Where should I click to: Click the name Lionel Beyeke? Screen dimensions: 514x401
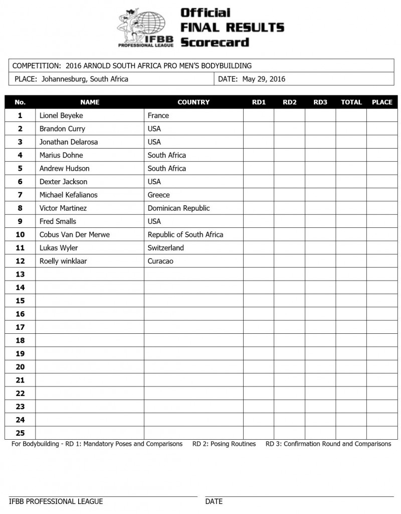coord(62,115)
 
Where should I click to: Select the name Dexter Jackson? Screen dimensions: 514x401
coord(63,182)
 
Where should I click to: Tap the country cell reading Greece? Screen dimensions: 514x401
coord(158,195)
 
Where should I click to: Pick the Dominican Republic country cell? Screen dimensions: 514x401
coord(178,208)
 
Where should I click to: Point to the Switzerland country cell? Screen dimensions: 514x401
coord(165,248)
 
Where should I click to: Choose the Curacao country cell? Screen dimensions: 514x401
coord(160,261)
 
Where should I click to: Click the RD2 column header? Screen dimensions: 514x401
coord(290,102)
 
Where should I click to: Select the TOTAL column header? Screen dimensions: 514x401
coord(351,102)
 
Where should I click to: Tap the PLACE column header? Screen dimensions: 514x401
coord(382,102)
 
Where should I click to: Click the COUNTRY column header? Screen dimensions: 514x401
coord(193,102)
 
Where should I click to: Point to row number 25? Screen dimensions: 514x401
coord(20,433)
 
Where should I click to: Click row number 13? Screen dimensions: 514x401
coord(20,274)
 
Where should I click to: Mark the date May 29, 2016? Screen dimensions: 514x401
coord(264,79)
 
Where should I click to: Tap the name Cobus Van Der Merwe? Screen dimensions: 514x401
coord(74,234)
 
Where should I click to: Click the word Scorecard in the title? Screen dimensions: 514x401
coord(215,42)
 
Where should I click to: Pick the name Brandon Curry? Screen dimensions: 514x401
coord(62,128)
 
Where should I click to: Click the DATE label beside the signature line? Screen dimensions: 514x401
coord(214,501)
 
